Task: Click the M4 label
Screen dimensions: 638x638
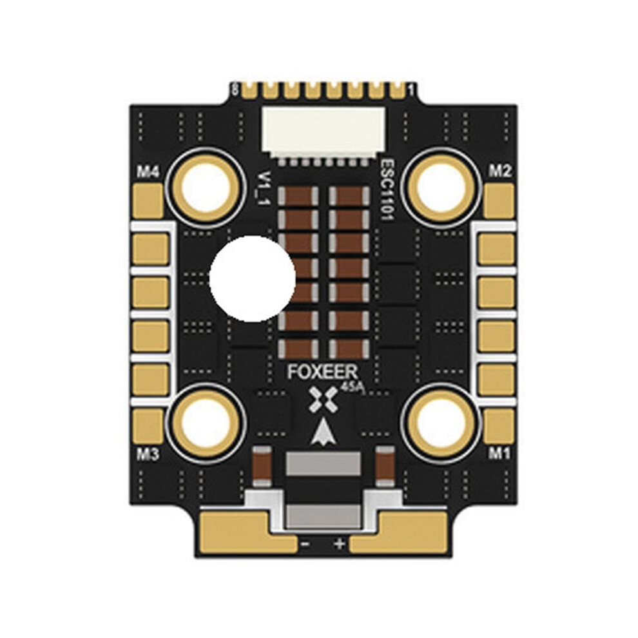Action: [x=148, y=173]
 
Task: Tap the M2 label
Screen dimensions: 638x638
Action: [x=499, y=171]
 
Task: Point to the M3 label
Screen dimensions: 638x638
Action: [x=148, y=454]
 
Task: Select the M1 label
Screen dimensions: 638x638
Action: [x=499, y=452]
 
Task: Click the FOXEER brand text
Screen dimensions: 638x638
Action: [x=323, y=372]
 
